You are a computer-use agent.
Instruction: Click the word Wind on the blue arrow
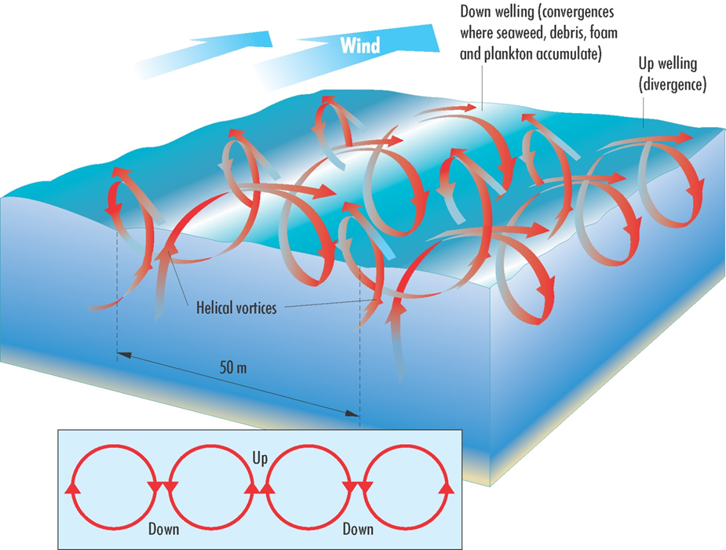359,45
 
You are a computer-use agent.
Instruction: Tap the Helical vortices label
236,308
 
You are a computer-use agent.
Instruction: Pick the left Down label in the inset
163,529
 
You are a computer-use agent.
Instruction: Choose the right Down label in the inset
358,529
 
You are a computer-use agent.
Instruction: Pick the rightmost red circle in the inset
406,486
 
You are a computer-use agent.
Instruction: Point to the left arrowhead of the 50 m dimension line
122,355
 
